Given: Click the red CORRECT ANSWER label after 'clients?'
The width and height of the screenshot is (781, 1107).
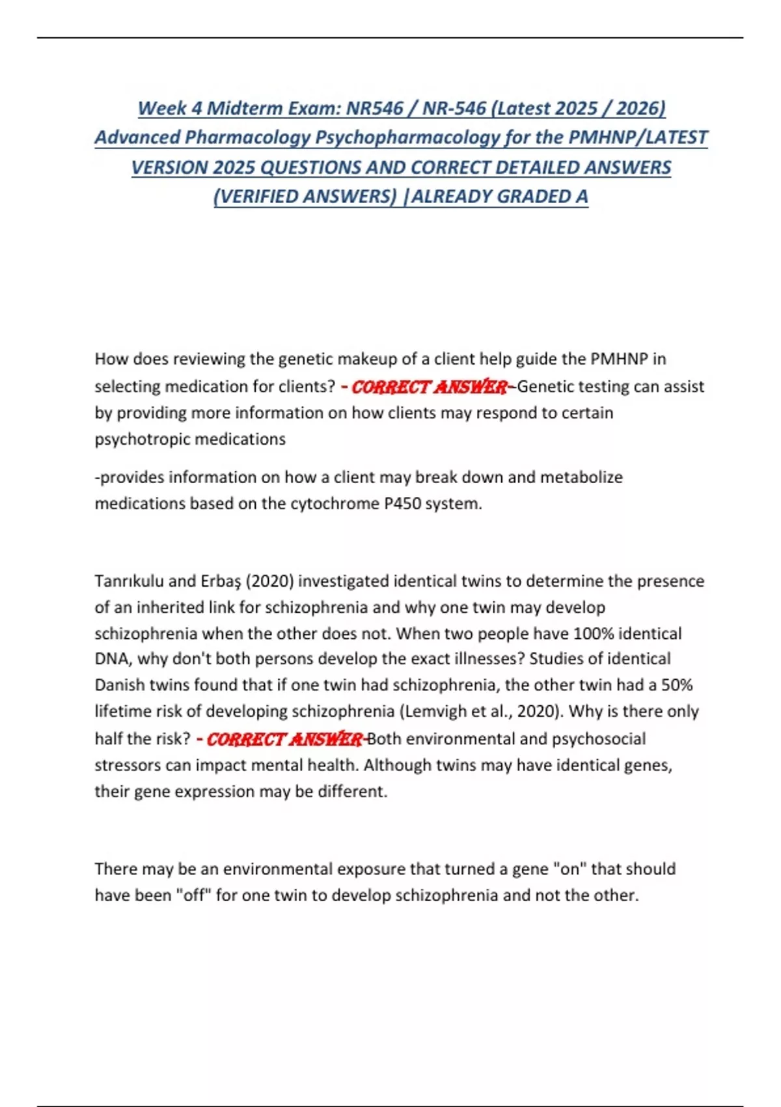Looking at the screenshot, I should coord(429,387).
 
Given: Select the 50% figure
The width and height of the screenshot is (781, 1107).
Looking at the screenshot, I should coord(676,685).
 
